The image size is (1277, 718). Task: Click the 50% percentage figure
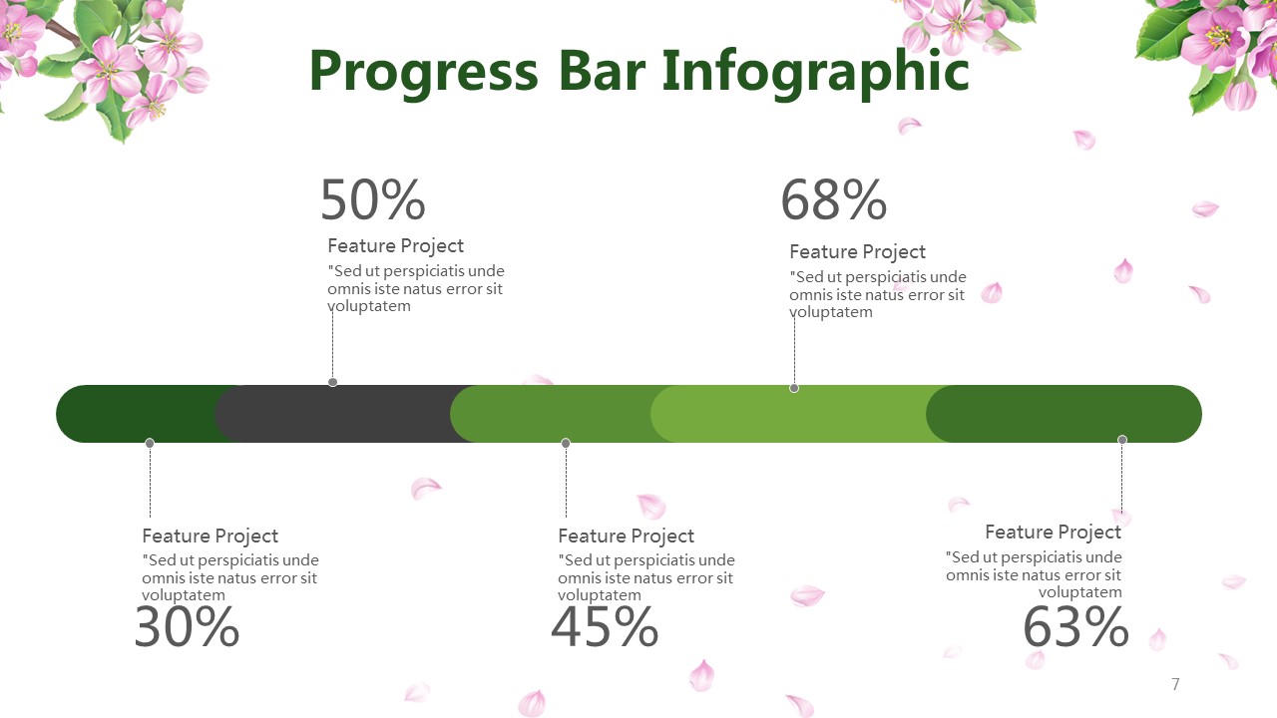coord(373,199)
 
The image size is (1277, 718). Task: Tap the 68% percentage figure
coord(833,199)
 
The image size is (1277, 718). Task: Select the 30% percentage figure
coord(187,627)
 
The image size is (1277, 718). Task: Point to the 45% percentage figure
coord(605,627)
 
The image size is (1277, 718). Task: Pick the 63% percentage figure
coord(1075,627)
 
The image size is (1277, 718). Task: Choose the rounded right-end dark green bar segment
coord(1064,414)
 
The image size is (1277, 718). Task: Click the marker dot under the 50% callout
coord(333,382)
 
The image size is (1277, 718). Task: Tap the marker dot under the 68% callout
coord(794,388)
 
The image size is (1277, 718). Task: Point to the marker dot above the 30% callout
coord(150,443)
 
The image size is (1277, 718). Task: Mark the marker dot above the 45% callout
coord(566,443)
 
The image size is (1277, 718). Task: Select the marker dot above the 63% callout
coord(1122,440)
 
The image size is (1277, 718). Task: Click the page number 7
coord(1175,684)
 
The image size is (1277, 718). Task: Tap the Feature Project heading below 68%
coord(857,252)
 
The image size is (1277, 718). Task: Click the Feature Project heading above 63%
coord(1053,533)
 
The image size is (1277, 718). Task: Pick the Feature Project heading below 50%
coord(396,246)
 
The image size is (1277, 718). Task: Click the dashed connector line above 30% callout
coord(150,482)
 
